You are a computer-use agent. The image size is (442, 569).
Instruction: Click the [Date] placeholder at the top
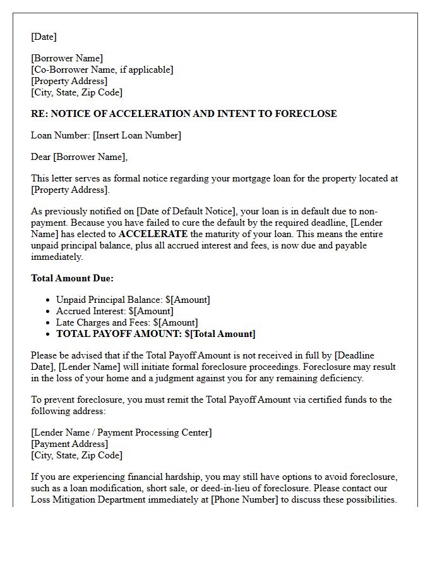(x=44, y=37)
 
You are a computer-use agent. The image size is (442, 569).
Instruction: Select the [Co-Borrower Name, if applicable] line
(x=102, y=70)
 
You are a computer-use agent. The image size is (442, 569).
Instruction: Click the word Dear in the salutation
(x=41, y=157)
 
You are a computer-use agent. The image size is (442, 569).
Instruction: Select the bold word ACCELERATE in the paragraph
(x=153, y=234)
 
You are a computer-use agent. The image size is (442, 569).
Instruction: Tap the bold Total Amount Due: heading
(x=72, y=278)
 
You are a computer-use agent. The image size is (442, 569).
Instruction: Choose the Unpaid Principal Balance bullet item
(x=133, y=300)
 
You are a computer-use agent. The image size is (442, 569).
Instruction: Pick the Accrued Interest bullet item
(x=114, y=311)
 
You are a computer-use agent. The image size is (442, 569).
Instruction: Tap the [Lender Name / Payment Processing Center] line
(x=121, y=432)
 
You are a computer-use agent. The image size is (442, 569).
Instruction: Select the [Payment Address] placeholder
(x=69, y=444)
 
